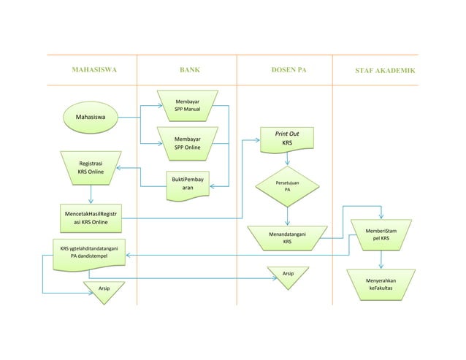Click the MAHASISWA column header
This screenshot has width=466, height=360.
(x=93, y=71)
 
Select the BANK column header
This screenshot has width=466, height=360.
(x=189, y=71)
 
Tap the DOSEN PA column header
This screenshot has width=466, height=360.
(x=288, y=71)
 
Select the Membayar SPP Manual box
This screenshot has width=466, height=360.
(x=188, y=105)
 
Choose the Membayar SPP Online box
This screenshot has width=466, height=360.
(x=188, y=142)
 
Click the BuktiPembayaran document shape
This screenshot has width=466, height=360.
(x=188, y=183)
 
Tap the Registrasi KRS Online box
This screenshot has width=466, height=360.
(x=91, y=167)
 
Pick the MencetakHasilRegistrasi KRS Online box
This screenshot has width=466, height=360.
(x=91, y=217)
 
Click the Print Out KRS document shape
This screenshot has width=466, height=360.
(x=287, y=139)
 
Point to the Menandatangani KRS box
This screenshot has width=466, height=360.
(x=287, y=237)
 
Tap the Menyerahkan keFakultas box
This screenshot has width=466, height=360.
(x=381, y=283)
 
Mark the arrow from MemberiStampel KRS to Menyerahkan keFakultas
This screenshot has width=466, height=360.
(x=381, y=259)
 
